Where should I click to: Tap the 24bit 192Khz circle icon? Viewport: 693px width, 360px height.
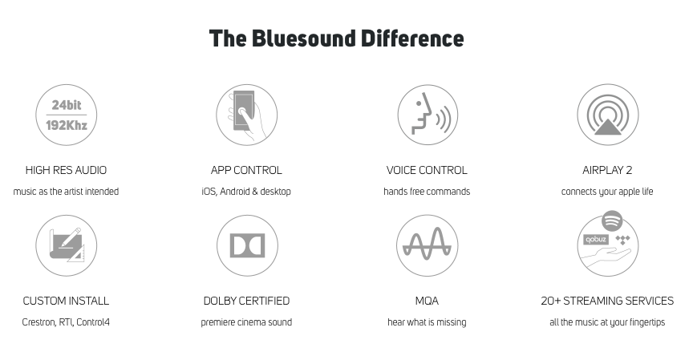point(67,115)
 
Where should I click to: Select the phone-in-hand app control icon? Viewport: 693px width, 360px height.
point(246,115)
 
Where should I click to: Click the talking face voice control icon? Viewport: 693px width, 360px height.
point(428,115)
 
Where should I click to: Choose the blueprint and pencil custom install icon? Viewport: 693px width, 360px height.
point(67,245)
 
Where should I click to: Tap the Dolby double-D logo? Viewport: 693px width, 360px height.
point(247,245)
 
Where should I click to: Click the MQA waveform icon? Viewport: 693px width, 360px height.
point(427,245)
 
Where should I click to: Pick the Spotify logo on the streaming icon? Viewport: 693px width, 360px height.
point(612,220)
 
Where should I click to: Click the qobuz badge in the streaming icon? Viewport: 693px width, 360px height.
point(596,240)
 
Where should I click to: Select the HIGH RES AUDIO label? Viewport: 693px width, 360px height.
point(66,171)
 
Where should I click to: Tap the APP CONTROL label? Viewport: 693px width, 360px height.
point(246,171)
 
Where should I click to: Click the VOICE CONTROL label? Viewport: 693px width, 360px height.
point(427,171)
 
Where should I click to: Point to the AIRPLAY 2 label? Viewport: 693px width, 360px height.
point(607,171)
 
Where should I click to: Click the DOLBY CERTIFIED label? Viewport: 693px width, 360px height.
point(246,301)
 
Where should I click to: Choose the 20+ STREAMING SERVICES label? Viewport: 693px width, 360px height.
point(607,301)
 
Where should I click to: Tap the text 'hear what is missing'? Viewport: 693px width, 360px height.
point(427,322)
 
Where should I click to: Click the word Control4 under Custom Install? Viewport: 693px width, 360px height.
point(93,322)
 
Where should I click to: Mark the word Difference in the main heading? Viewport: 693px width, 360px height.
point(412,38)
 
